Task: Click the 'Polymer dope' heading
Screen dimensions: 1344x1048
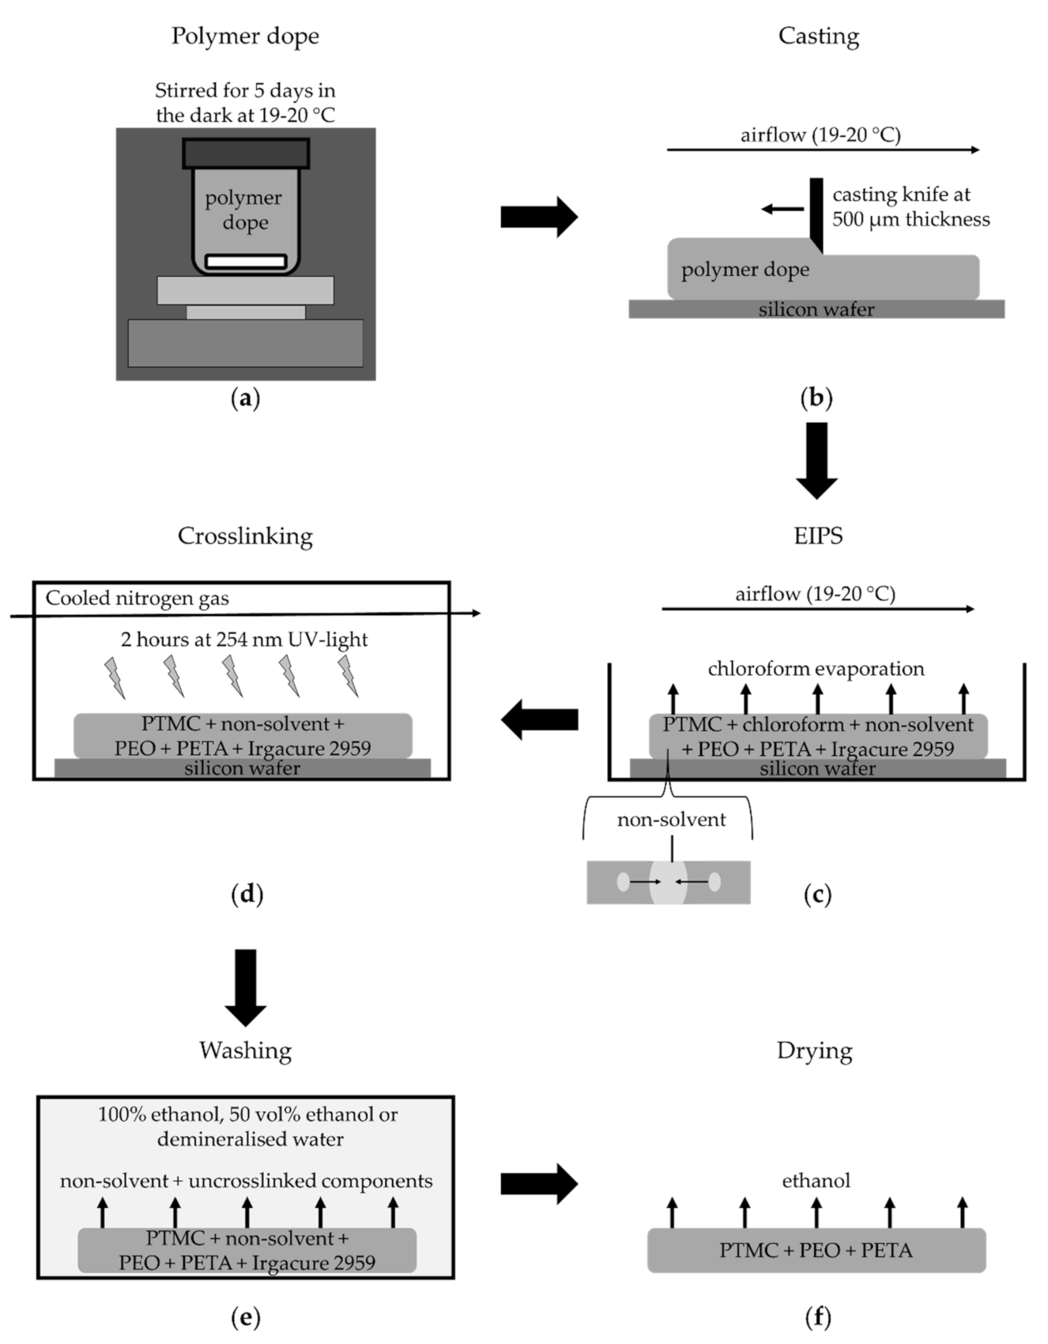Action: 245,36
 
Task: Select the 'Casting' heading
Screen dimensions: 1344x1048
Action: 818,36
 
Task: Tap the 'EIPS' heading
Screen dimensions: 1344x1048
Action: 817,536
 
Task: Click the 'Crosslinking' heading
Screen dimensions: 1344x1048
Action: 245,536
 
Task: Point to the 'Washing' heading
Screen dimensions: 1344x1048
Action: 245,1051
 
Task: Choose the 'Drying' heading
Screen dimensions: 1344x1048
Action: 814,1051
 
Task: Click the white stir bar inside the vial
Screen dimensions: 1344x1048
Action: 245,261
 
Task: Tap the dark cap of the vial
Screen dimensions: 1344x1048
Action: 245,153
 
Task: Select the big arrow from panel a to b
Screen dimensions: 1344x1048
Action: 539,217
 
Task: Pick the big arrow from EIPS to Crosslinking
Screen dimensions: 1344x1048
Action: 539,719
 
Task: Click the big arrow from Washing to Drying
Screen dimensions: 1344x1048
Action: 539,1184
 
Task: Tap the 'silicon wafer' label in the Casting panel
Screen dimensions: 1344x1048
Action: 816,309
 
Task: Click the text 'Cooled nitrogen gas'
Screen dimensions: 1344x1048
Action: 137,598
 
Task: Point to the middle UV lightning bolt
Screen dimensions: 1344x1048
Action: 231,676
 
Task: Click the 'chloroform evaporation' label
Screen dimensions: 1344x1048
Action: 816,669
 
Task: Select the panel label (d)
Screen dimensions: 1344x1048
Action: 246,894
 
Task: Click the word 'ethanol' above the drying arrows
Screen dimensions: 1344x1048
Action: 816,1180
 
